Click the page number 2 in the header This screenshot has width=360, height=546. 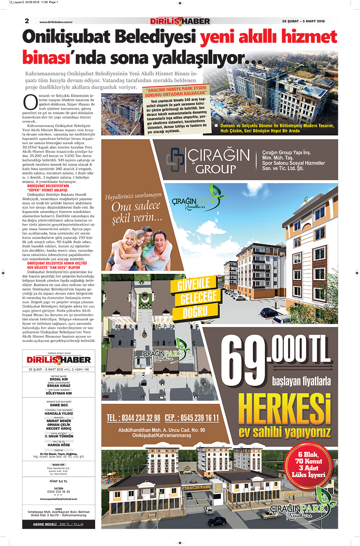pos(27,21)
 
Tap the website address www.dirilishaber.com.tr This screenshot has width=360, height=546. pos(56,22)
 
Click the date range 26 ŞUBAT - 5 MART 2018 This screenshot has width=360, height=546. pos(303,22)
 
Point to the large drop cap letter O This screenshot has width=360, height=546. pos(30,102)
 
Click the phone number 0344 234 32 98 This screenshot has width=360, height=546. pos(133,418)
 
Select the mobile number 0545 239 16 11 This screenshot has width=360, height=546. pos(192,418)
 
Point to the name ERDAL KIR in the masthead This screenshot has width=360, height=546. pos(59,379)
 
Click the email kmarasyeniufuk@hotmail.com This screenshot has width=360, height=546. pos(59,499)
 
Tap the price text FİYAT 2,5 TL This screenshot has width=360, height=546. pos(59,481)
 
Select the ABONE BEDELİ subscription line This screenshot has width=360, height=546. pos(58,524)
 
